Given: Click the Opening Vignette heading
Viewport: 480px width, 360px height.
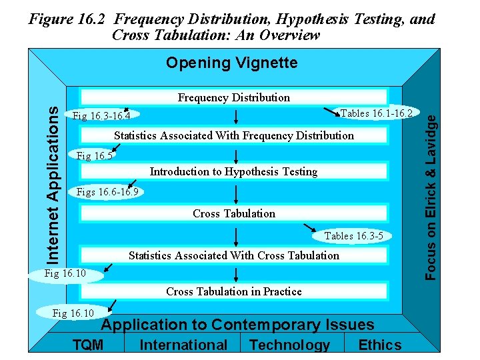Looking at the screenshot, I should (x=231, y=63).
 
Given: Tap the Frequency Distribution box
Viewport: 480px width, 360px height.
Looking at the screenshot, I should (x=233, y=98).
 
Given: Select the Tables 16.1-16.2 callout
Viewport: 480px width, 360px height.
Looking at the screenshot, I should (x=377, y=113).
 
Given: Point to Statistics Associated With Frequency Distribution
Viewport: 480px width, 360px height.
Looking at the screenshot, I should (x=233, y=135).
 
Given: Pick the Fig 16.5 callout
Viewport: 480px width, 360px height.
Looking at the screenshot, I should (x=95, y=156).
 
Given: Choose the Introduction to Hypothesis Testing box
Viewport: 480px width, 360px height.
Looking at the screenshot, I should (x=233, y=171).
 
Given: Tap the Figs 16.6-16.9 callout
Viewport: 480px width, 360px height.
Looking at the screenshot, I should (x=107, y=193).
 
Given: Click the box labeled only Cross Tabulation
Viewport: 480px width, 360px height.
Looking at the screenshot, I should (x=233, y=213).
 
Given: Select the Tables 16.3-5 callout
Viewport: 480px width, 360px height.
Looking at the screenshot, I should (x=353, y=235).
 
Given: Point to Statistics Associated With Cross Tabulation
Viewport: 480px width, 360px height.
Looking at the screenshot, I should (x=233, y=255).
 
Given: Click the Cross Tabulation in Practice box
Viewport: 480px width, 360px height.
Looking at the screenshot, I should (x=233, y=291).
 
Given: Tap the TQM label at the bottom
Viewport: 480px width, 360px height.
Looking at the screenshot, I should (x=88, y=345).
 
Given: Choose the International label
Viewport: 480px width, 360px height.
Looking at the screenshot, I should (x=183, y=345).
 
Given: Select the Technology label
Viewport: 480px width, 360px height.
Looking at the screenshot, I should (x=289, y=345).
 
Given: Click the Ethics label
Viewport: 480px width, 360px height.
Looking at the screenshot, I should (x=380, y=345).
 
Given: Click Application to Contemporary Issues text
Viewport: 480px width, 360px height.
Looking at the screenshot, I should (x=237, y=325).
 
